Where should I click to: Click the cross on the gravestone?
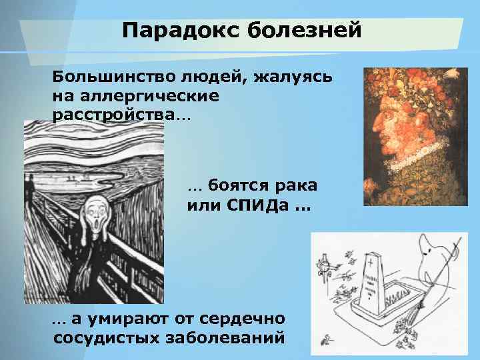pyautogui.click(x=369, y=265)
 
